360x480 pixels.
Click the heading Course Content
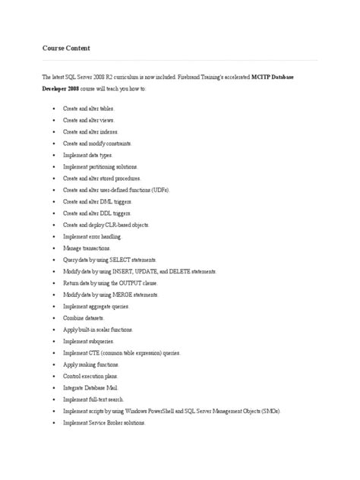pos(66,49)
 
